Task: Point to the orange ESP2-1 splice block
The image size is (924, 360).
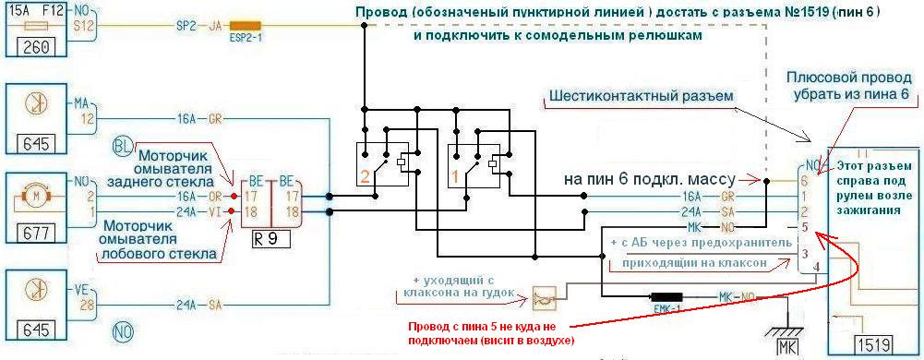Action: (246, 27)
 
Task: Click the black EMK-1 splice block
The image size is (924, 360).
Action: (666, 296)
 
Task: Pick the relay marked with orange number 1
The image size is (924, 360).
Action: (474, 165)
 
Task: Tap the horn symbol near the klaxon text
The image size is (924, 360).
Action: (542, 297)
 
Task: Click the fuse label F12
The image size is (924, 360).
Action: (48, 11)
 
